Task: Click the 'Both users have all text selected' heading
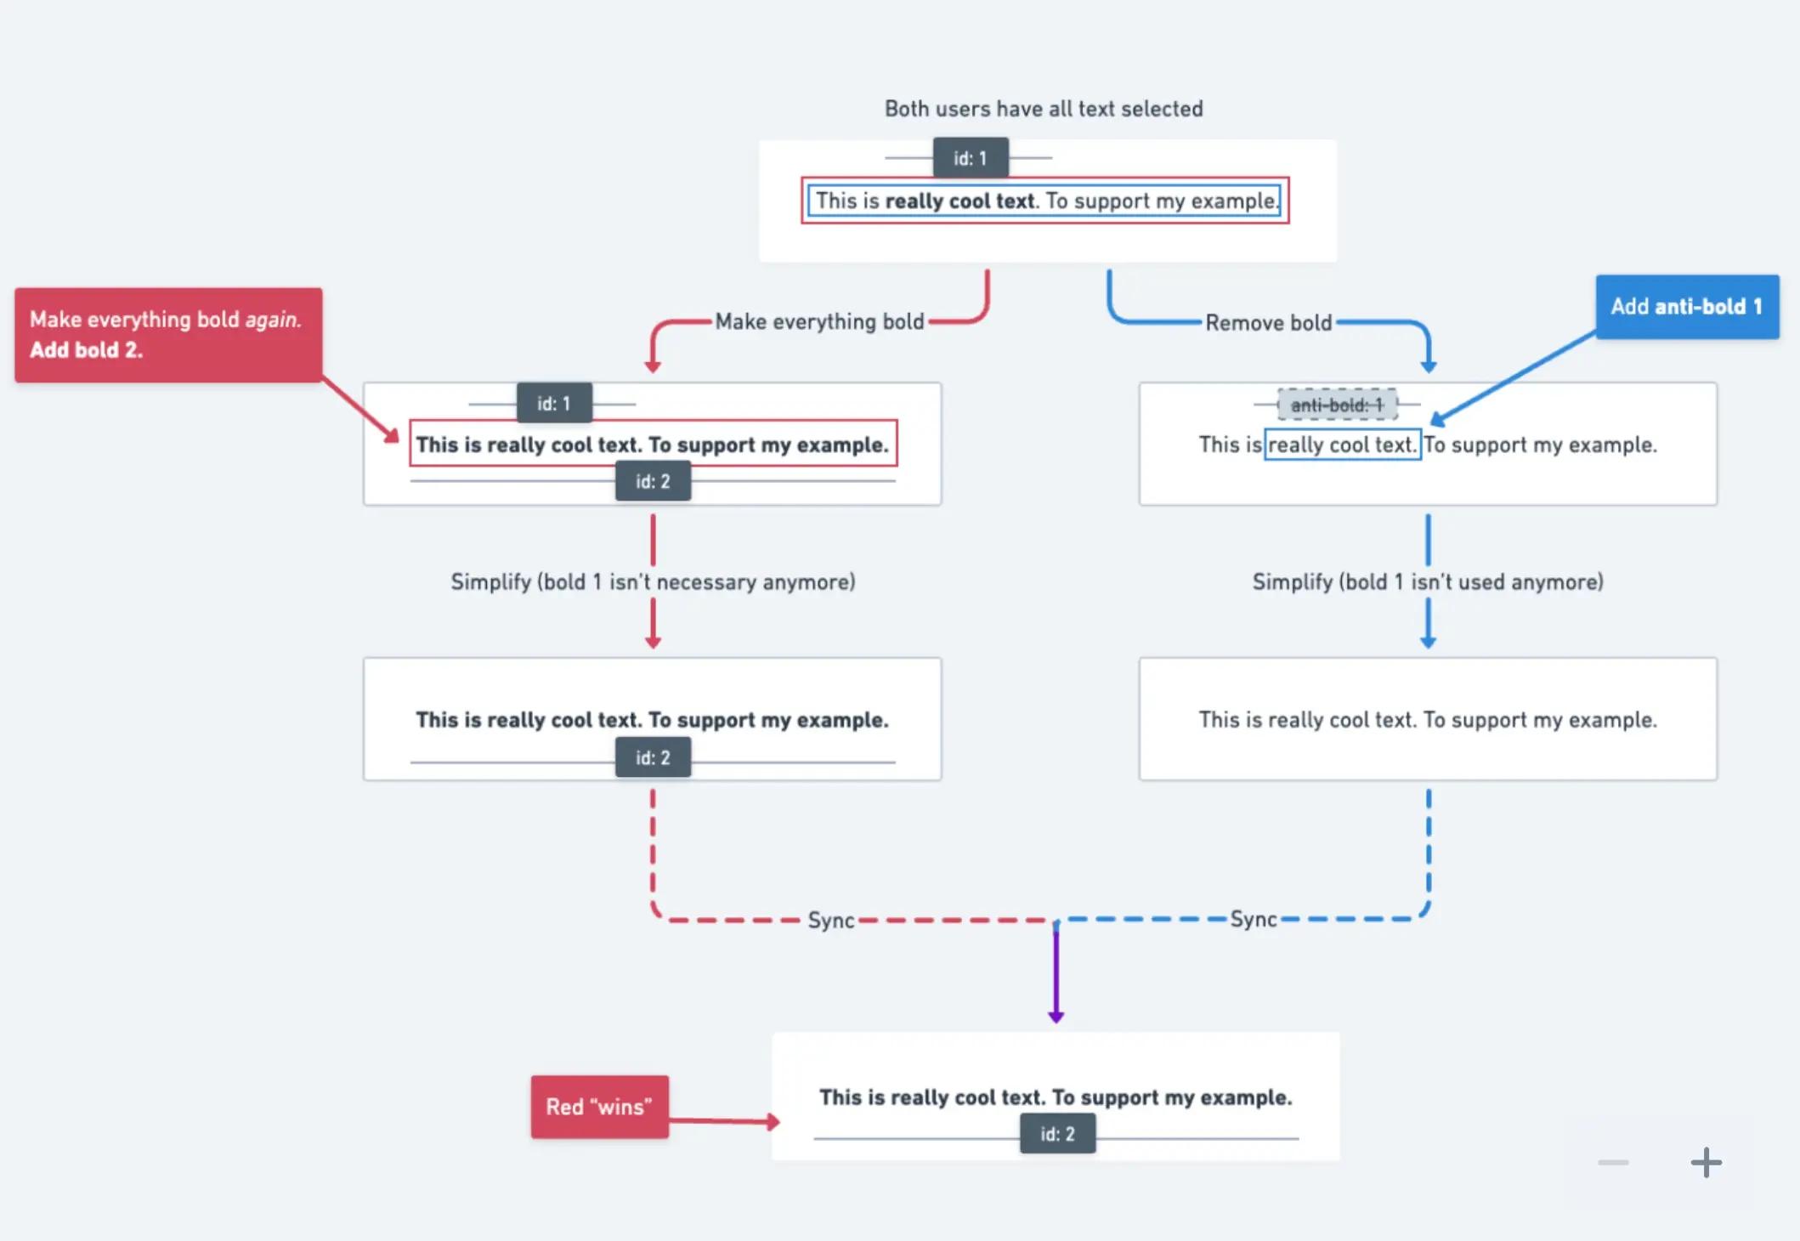1043,109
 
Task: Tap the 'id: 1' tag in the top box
970,158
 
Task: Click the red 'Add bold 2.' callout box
167,335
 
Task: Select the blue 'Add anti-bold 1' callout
1686,307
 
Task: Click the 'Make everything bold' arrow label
819,321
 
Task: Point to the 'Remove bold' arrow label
1268,323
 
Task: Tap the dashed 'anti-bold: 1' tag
1337,405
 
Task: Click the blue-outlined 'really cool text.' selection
1342,445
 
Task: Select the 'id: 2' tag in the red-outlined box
653,481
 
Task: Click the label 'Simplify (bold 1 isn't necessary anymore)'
653,582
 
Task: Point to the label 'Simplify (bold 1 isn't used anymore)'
1428,582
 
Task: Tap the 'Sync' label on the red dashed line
830,921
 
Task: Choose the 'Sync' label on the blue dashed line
1254,919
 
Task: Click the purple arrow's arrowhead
1056,1016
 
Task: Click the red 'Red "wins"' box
599,1107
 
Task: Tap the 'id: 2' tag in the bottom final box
1057,1134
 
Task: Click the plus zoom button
1706,1163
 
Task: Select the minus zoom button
1612,1163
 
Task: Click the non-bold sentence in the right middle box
1428,720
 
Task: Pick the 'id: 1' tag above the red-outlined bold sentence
554,404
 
